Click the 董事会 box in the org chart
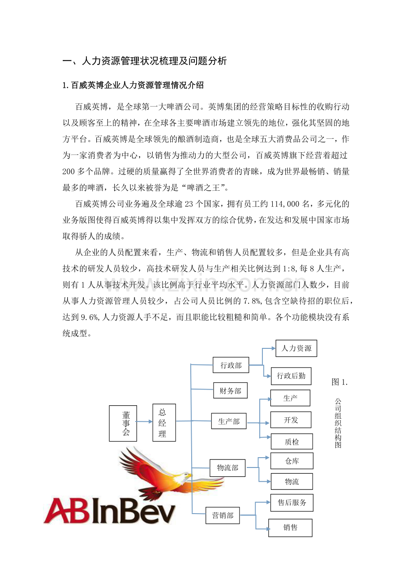coord(123,423)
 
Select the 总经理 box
coord(164,422)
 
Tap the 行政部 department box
coord(231,365)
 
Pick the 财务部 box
coord(230,390)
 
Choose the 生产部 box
coord(229,421)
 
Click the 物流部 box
coord(227,468)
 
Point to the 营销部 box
coord(223,515)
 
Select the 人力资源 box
coord(296,348)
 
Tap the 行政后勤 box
coord(291,376)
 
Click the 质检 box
coord(292,442)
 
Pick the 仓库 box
coord(292,461)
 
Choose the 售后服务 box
coord(292,502)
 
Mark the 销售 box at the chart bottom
coord(290,528)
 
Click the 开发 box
coord(291,420)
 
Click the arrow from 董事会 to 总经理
coord(145,422)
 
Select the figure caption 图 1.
coord(339,382)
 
